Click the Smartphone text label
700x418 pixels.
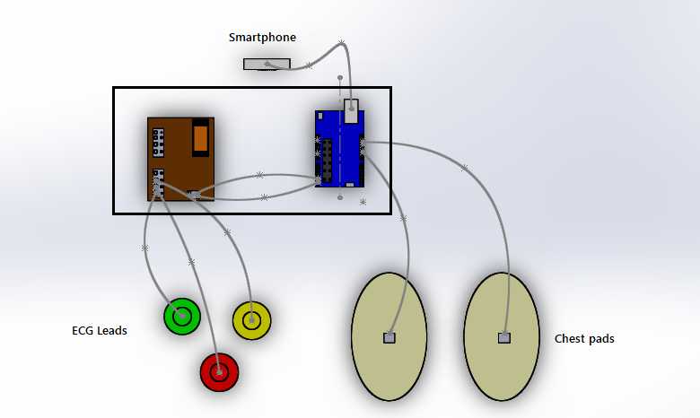coord(262,38)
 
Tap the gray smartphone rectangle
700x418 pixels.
coord(267,64)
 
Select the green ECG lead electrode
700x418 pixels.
coord(181,316)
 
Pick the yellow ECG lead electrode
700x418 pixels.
coord(252,320)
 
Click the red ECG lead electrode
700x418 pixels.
coord(219,371)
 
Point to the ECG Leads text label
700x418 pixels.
coord(100,331)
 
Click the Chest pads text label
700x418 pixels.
coord(584,339)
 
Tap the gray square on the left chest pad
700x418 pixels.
coord(389,337)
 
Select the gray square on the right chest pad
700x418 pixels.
coord(504,337)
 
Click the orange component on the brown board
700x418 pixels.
coord(201,139)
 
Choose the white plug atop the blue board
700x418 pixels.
coord(351,111)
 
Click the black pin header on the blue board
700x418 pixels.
coord(328,161)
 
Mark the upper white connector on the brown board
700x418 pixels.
coord(158,143)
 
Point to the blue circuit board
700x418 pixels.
coord(340,149)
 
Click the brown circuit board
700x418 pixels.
coord(180,160)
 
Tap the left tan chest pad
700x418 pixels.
coord(389,336)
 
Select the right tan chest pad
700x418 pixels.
coord(502,336)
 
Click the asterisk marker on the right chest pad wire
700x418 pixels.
coord(464,168)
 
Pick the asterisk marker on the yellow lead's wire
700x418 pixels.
coord(227,232)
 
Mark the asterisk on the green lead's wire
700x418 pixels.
coord(144,248)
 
